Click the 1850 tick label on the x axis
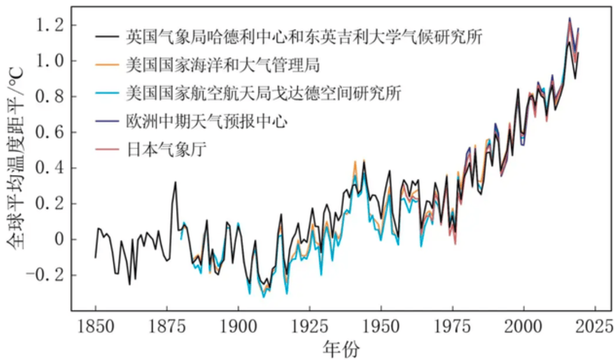pos(96,328)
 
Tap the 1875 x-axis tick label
pos(167,328)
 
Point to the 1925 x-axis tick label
pos(310,328)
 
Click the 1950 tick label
pos(381,328)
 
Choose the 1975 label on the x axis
pos(452,328)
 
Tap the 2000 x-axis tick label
pos(523,328)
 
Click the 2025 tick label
pos(595,328)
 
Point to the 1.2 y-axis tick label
pos(49,26)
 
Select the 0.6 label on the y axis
pos(49,133)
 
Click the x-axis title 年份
pos(341,349)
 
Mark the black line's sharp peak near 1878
pos(175,182)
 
